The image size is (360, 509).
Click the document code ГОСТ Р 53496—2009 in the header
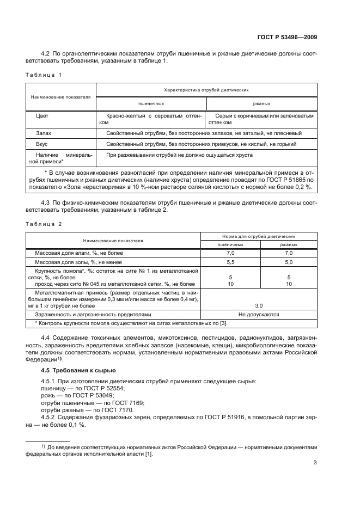point(286,37)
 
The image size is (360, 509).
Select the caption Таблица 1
point(44,74)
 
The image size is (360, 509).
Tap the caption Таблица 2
point(44,224)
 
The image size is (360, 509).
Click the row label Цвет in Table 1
point(42,116)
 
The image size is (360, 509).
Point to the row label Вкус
point(42,144)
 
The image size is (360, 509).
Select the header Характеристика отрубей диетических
point(206,89)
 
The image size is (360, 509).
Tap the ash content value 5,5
point(230,262)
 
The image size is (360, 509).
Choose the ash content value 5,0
point(289,262)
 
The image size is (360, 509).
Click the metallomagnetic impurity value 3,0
point(259,305)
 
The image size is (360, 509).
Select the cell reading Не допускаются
point(259,315)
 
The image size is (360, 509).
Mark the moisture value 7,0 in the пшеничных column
point(230,253)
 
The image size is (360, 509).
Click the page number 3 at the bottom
point(315,463)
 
